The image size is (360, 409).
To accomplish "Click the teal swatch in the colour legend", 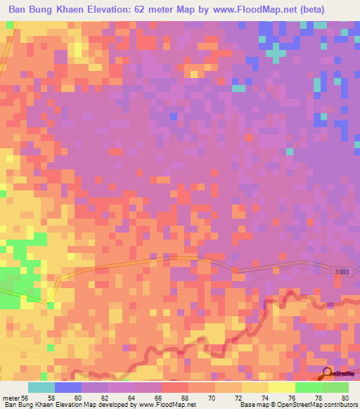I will pos(41,387).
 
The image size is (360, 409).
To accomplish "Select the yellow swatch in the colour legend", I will pos(281,387).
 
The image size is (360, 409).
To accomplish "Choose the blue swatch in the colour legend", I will pos(68,387).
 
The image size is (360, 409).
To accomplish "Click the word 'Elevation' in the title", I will pos(119,8).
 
